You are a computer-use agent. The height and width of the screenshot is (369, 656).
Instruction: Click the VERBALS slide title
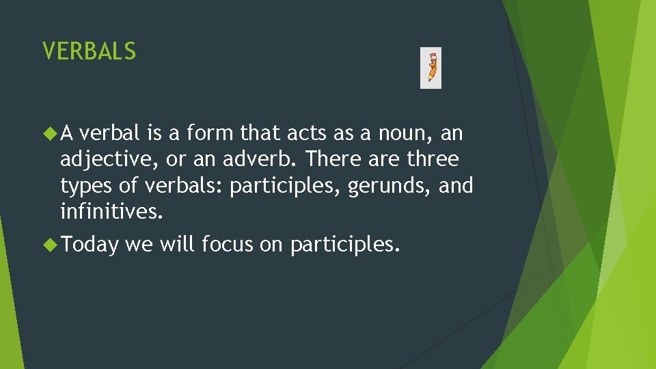89,51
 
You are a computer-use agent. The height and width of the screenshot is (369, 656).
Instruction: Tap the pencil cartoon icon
430,68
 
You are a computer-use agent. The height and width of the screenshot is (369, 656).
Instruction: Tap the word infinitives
111,212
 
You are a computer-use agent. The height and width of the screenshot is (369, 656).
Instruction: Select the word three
433,159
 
